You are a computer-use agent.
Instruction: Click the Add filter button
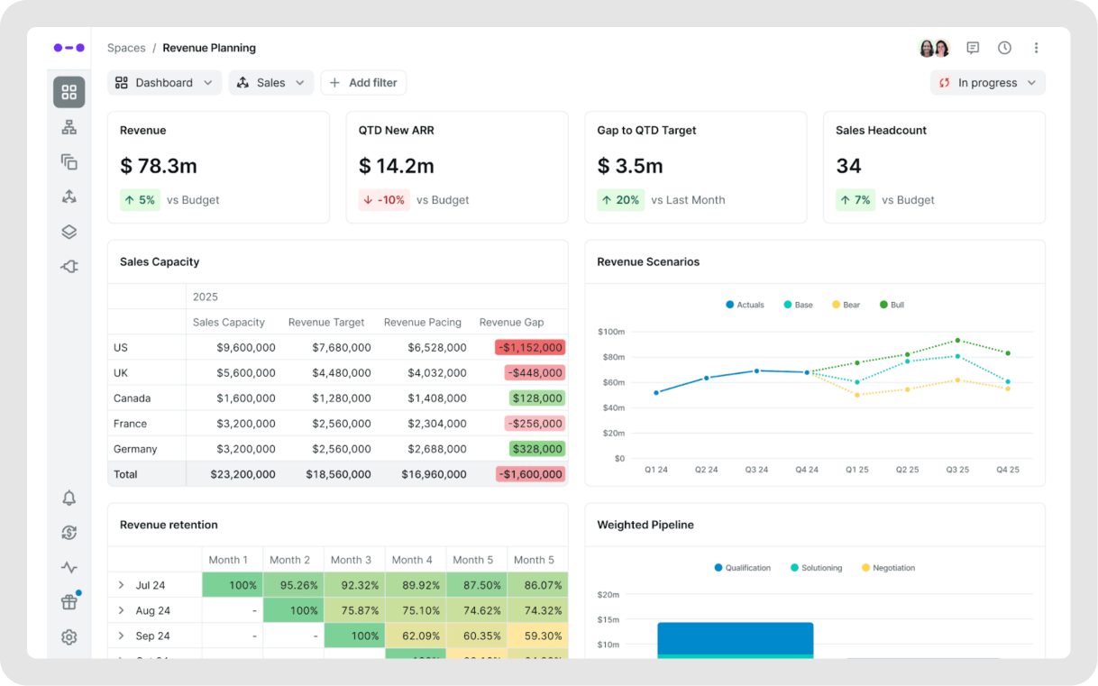point(363,83)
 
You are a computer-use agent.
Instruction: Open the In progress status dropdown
point(987,83)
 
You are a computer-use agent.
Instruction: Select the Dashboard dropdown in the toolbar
point(165,83)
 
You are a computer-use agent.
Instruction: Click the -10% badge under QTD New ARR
point(384,200)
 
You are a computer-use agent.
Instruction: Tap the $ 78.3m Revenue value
point(159,166)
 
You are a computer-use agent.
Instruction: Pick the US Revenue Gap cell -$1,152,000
point(530,347)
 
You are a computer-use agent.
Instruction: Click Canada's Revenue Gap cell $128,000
point(537,398)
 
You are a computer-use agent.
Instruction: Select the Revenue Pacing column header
point(422,322)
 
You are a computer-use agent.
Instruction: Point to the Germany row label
point(135,449)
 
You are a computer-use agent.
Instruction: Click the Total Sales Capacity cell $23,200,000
point(242,474)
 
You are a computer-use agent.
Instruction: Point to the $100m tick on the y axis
point(610,332)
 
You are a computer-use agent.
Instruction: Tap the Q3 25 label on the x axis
point(957,470)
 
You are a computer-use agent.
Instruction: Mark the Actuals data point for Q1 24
point(656,392)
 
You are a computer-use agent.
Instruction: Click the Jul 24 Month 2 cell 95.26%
point(294,585)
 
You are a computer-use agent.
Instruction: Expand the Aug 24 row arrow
point(121,610)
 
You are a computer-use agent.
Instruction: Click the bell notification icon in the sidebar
point(69,498)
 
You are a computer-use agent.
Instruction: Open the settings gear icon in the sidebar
point(69,637)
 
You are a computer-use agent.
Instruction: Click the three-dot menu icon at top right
point(1036,48)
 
